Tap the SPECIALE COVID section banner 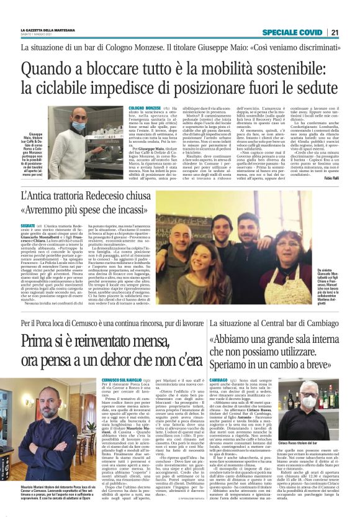coord(294,32)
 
